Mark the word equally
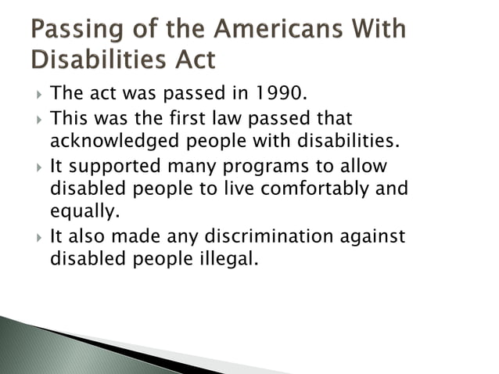pyautogui.click(x=83, y=212)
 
